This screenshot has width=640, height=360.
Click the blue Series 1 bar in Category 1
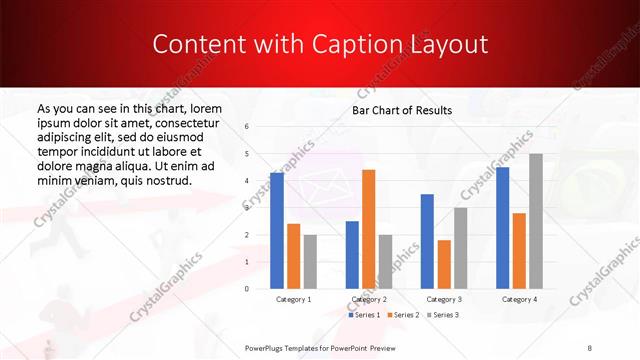click(277, 231)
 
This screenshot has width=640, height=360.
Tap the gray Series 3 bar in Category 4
click(536, 221)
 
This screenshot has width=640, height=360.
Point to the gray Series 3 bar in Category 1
click(311, 262)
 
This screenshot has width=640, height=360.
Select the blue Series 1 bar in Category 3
click(427, 241)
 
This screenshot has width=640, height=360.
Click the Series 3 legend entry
click(441, 315)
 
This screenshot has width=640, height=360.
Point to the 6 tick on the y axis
click(246, 127)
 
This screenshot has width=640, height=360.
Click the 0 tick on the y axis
click(246, 289)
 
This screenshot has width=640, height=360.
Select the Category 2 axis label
click(369, 299)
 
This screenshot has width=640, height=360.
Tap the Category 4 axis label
click(519, 299)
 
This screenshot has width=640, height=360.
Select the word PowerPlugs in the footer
click(268, 347)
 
